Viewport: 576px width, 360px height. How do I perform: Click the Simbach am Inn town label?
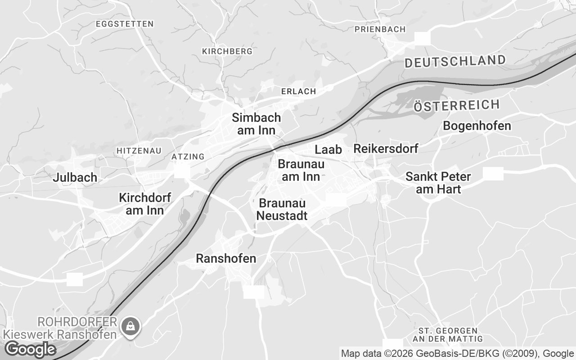pyautogui.click(x=256, y=124)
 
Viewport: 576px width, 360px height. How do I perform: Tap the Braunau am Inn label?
pyautogui.click(x=301, y=170)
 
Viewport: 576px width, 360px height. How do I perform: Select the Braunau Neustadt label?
pyautogui.click(x=282, y=209)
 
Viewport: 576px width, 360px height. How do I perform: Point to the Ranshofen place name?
pyautogui.click(x=226, y=258)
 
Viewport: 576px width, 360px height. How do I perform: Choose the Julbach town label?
pyautogui.click(x=75, y=177)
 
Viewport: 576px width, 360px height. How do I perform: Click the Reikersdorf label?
pyautogui.click(x=386, y=148)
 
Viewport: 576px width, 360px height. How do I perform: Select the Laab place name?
pyautogui.click(x=328, y=149)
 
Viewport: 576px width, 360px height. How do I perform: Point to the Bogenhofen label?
pyautogui.click(x=477, y=126)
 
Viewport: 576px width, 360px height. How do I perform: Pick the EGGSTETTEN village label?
pyautogui.click(x=125, y=23)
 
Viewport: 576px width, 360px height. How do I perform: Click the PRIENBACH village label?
pyautogui.click(x=380, y=29)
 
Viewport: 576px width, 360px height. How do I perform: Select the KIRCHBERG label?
pyautogui.click(x=227, y=51)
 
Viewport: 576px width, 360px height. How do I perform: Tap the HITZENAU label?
pyautogui.click(x=139, y=150)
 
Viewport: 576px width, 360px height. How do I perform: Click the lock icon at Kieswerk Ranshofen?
pyautogui.click(x=130, y=326)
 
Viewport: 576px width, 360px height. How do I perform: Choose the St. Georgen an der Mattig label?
pyautogui.click(x=447, y=335)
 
